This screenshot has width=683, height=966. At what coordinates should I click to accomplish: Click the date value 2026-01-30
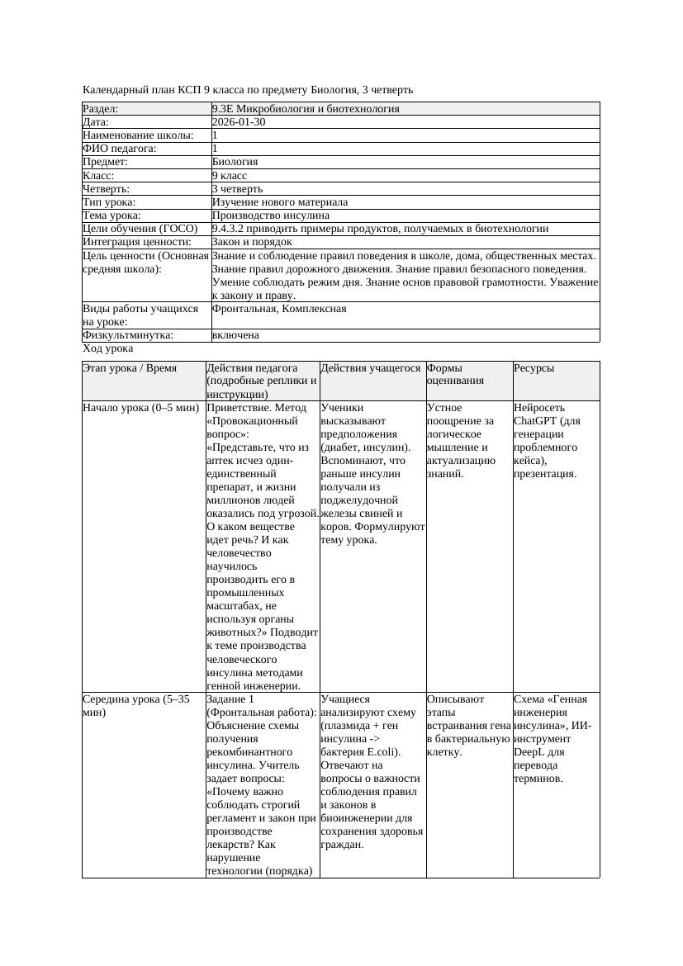(239, 122)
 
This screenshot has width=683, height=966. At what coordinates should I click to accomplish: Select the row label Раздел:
(101, 109)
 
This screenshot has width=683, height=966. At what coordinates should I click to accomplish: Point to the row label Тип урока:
(109, 202)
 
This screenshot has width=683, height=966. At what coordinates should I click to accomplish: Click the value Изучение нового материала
(280, 202)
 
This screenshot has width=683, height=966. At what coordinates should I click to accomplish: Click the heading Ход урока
(108, 348)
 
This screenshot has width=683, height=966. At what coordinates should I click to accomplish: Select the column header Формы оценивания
(445, 375)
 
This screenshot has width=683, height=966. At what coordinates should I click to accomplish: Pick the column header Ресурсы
(534, 368)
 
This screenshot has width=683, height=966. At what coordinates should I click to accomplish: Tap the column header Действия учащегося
(371, 368)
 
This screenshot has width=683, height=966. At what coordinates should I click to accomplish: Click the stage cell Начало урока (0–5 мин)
(141, 408)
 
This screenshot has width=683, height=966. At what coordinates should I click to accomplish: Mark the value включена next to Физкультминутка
(235, 335)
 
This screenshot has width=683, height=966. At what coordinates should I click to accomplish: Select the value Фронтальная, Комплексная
(279, 309)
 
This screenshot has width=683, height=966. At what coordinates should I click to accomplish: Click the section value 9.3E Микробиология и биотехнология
(306, 109)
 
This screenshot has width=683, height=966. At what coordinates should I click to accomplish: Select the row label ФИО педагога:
(120, 149)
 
